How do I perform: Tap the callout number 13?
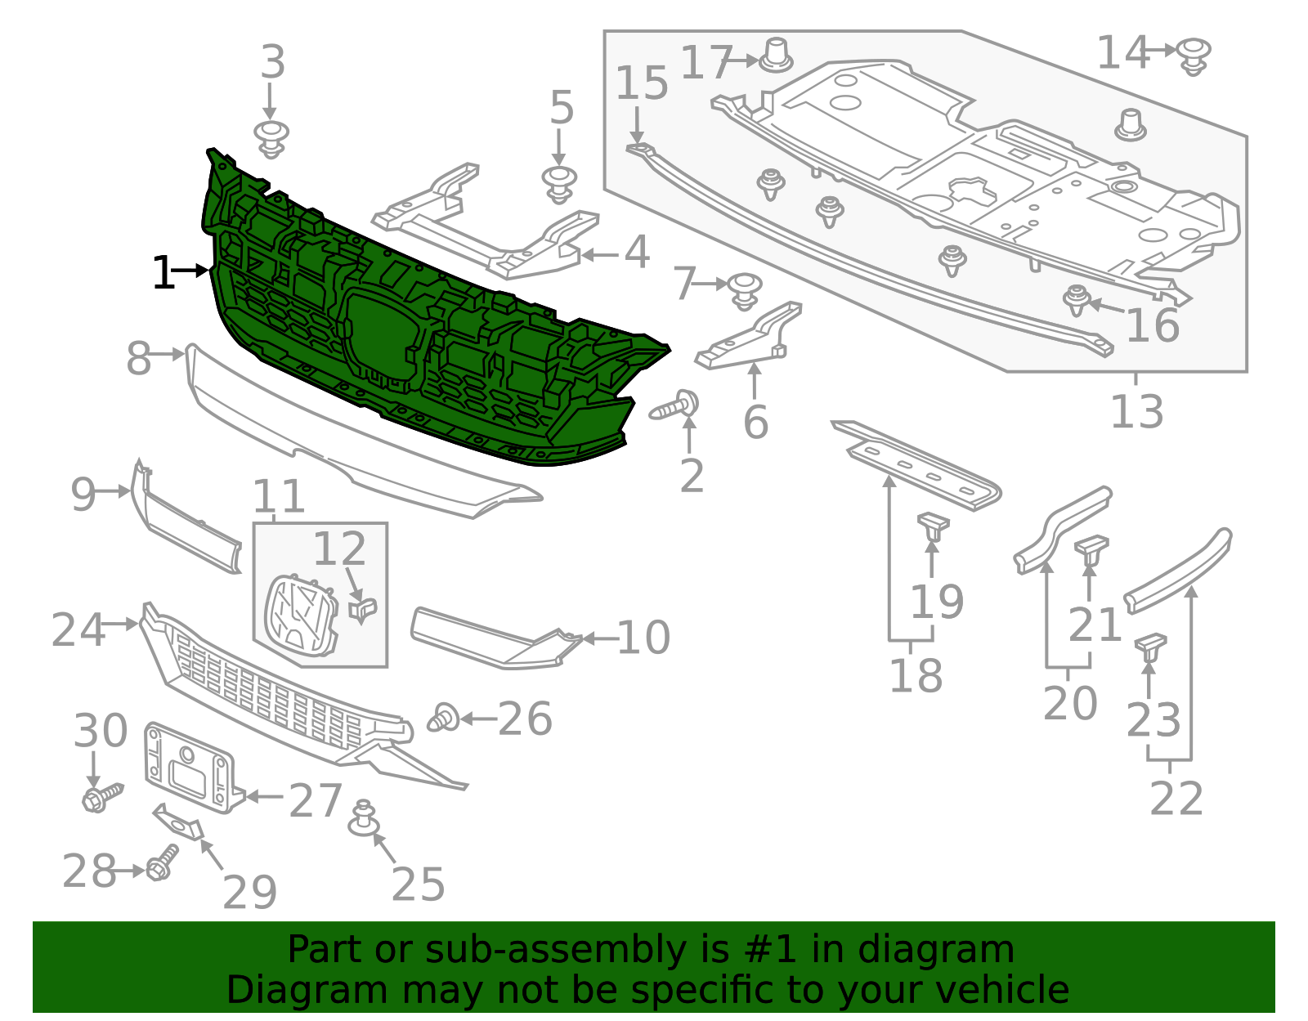1136,411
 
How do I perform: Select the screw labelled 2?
676,406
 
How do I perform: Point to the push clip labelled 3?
271,137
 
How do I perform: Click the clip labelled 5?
559,184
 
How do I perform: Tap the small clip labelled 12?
363,609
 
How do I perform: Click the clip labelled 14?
1195,56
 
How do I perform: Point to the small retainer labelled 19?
933,525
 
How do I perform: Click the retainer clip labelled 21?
1091,549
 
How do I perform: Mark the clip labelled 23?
1149,647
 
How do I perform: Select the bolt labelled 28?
161,864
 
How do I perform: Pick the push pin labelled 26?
444,718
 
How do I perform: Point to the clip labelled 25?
364,820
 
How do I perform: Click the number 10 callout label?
643,638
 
